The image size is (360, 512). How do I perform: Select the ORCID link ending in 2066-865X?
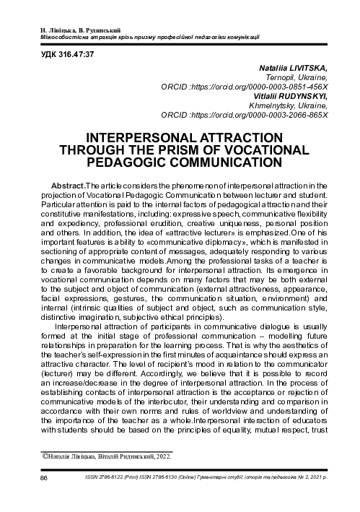pyautogui.click(x=281, y=113)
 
